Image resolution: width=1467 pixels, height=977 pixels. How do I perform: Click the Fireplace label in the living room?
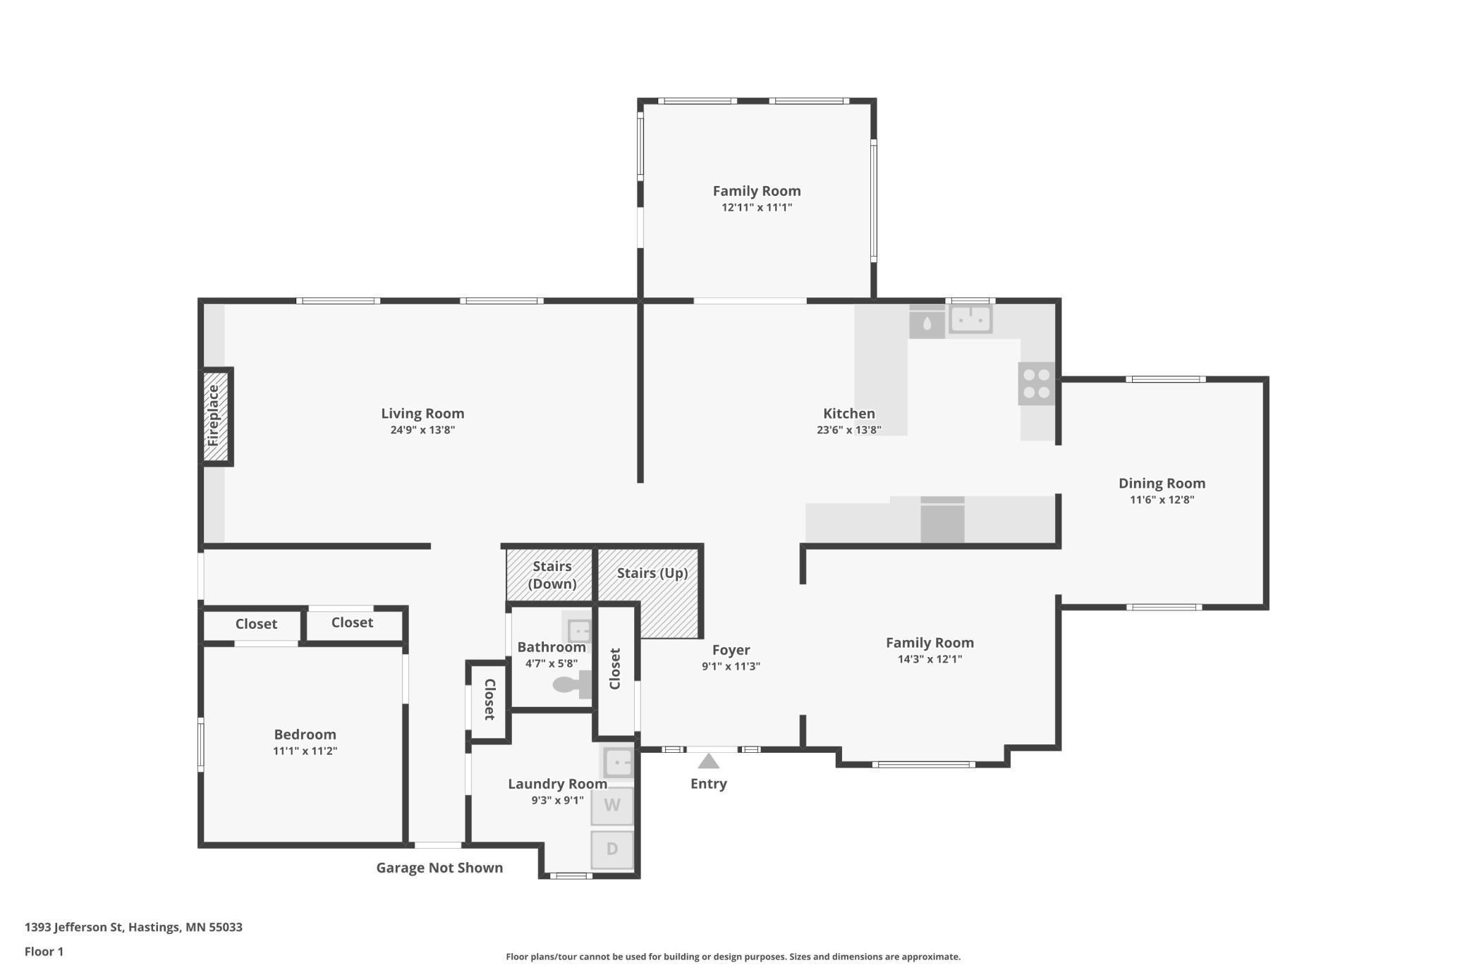pyautogui.click(x=213, y=415)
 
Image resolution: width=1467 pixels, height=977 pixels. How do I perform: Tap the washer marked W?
pyautogui.click(x=612, y=805)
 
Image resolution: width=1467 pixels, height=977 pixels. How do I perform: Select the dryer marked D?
pyautogui.click(x=612, y=849)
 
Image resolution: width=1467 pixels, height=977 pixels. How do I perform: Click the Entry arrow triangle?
pyautogui.click(x=709, y=761)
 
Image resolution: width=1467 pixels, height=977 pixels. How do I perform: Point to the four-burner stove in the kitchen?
pyautogui.click(x=1036, y=383)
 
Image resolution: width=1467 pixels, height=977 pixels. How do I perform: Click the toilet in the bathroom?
pyautogui.click(x=572, y=684)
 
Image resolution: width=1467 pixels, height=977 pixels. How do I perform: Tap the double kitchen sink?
pyautogui.click(x=970, y=319)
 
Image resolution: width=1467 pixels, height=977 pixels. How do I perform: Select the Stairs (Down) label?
pyautogui.click(x=552, y=575)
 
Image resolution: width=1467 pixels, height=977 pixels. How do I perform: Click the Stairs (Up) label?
pyautogui.click(x=652, y=573)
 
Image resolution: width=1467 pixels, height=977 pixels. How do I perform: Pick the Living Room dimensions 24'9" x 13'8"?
pyautogui.click(x=422, y=430)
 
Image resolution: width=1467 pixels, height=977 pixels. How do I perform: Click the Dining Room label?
pyautogui.click(x=1162, y=484)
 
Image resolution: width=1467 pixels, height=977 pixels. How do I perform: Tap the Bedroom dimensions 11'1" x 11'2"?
pyautogui.click(x=305, y=751)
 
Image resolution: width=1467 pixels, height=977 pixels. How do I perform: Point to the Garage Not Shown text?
pyautogui.click(x=439, y=868)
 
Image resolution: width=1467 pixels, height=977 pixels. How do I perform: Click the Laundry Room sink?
pyautogui.click(x=617, y=763)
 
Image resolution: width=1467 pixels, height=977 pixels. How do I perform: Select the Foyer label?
pyautogui.click(x=731, y=650)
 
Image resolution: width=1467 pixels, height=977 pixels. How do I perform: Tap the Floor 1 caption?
pyautogui.click(x=44, y=952)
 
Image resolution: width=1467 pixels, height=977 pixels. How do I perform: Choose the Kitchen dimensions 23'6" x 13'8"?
pyautogui.click(x=849, y=430)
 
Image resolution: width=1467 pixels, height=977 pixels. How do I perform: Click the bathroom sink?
pyautogui.click(x=578, y=629)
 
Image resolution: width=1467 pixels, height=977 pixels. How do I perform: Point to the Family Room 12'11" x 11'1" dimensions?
pyautogui.click(x=757, y=207)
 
